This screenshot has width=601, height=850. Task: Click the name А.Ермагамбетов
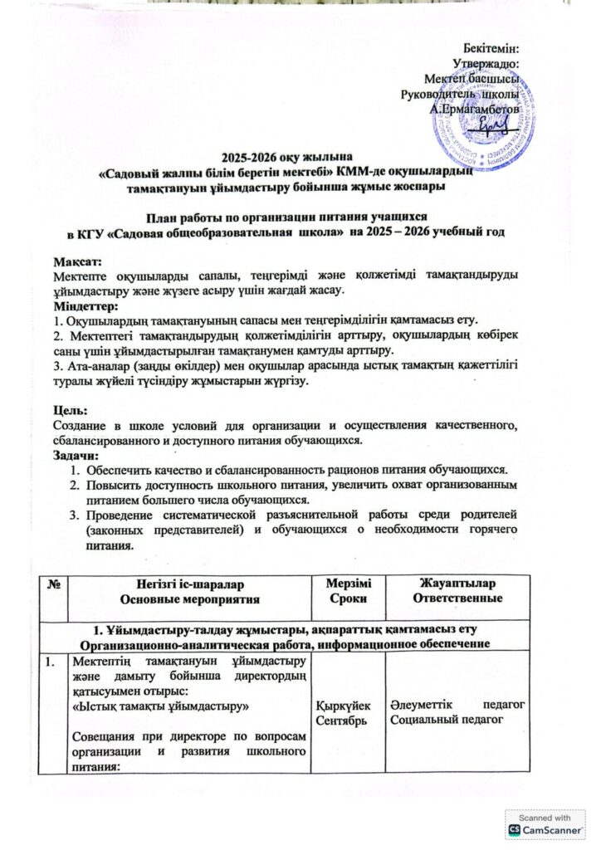475,109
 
